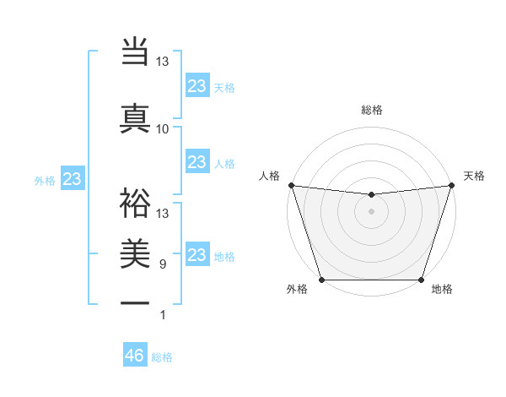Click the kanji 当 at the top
point(135,52)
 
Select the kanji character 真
point(135,117)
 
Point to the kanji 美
point(135,253)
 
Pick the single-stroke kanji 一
point(135,304)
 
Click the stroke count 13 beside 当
point(163,62)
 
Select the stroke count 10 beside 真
point(163,128)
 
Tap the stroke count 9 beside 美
point(163,264)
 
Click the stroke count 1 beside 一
point(163,315)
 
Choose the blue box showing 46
point(135,356)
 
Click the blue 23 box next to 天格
point(196,86)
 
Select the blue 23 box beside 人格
point(196,162)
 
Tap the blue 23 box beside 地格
point(196,255)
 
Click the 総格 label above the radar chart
point(371,110)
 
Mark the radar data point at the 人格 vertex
point(291,185)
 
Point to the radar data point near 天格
point(451,185)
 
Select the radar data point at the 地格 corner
point(421,280)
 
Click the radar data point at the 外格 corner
point(321,280)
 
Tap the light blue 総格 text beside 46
point(162,357)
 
